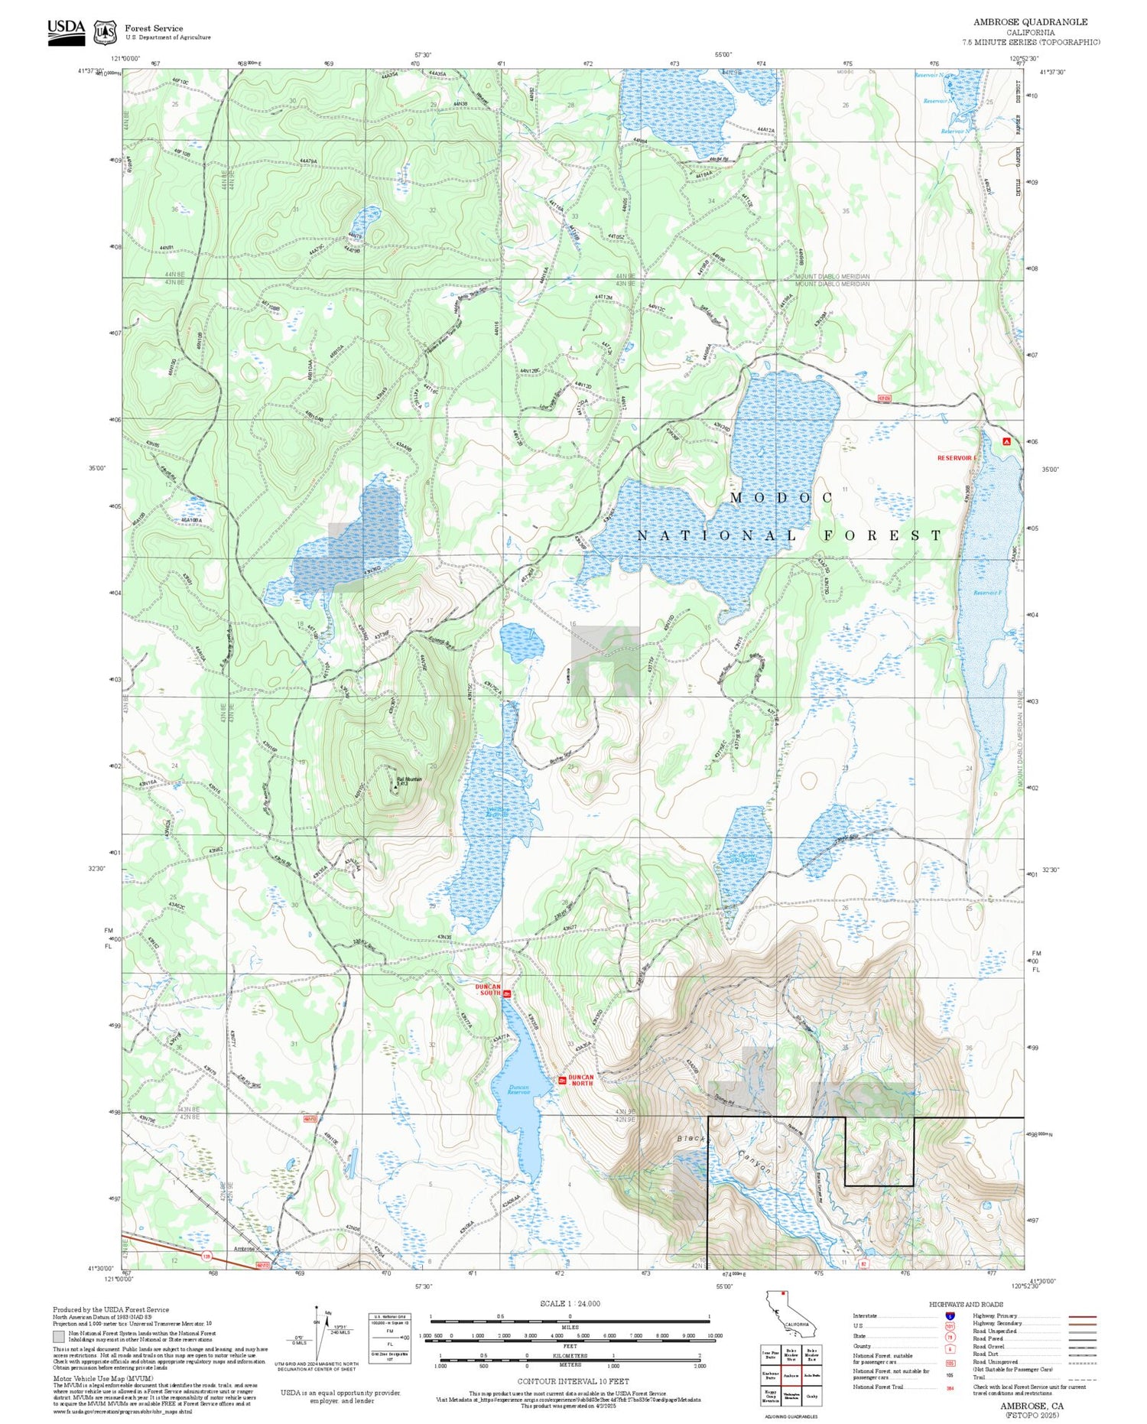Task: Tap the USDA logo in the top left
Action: tap(67, 31)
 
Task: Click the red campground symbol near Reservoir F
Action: tap(1006, 441)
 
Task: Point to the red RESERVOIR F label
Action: tap(957, 457)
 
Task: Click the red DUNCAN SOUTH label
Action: tap(487, 990)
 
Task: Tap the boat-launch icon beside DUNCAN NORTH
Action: tap(562, 1081)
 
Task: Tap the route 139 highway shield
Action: tap(206, 1256)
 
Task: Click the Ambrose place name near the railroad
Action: tap(244, 1249)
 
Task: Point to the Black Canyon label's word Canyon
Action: tap(755, 1162)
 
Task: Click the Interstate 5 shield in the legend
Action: tap(950, 1316)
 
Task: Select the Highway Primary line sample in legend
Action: tap(1078, 1316)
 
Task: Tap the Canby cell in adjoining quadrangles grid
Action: tap(812, 1396)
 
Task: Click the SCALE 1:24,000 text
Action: tap(570, 1303)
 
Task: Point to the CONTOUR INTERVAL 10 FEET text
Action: tap(573, 1381)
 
